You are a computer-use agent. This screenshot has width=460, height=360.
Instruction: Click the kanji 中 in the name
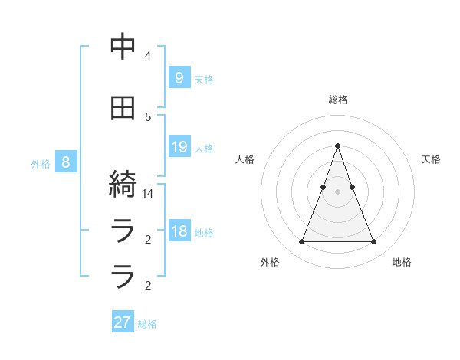[123, 47]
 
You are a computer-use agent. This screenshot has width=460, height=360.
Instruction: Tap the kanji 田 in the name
[123, 108]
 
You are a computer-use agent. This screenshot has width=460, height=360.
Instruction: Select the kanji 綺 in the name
[123, 185]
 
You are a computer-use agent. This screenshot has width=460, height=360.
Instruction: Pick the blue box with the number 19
[179, 147]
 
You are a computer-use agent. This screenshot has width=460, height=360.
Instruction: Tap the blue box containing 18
[179, 232]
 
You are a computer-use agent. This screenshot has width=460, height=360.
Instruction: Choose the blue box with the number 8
[66, 162]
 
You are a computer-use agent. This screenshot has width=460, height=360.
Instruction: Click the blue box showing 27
[123, 322]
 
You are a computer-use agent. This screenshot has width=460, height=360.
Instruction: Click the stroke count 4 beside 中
[148, 56]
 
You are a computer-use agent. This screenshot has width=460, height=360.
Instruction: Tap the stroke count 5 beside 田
[148, 117]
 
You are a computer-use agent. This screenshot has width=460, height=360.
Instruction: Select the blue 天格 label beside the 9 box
[204, 79]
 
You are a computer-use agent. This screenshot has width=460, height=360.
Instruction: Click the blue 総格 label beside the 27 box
[147, 324]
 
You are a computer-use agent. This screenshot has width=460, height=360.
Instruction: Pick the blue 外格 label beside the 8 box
[41, 164]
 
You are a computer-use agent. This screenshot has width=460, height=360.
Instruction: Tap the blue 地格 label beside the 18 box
[204, 234]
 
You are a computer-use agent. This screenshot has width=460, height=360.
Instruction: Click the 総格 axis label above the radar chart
[337, 100]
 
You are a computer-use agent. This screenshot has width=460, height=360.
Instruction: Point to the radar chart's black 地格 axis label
[402, 262]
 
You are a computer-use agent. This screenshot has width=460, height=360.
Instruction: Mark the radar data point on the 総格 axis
[337, 146]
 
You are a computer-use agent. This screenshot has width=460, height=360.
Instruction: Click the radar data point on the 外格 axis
[301, 242]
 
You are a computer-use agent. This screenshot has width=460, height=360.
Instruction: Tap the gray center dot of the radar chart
[337, 191]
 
